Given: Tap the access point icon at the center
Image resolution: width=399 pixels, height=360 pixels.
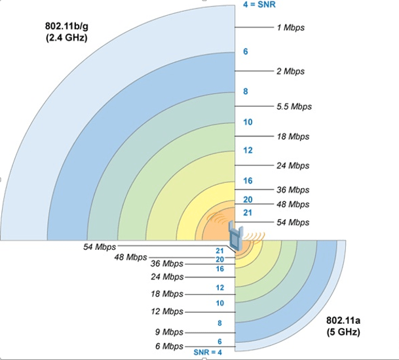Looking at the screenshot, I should (x=236, y=237).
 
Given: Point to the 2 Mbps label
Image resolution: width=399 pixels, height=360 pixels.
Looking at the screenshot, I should (x=290, y=71).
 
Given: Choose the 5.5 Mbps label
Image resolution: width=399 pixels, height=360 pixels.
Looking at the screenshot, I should (x=294, y=106).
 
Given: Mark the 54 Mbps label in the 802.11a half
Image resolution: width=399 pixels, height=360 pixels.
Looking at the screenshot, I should (x=100, y=247).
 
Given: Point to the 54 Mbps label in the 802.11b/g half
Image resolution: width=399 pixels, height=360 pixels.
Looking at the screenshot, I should (x=292, y=222).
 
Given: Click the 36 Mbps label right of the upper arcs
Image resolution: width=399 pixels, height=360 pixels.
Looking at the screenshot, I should (x=292, y=190).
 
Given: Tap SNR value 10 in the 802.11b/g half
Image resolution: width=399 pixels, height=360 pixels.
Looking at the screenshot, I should (x=247, y=123).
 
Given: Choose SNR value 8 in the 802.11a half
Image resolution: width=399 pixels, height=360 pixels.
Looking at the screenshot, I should (x=219, y=323).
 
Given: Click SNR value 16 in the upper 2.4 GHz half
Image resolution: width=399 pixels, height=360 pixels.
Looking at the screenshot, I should (x=247, y=180).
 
